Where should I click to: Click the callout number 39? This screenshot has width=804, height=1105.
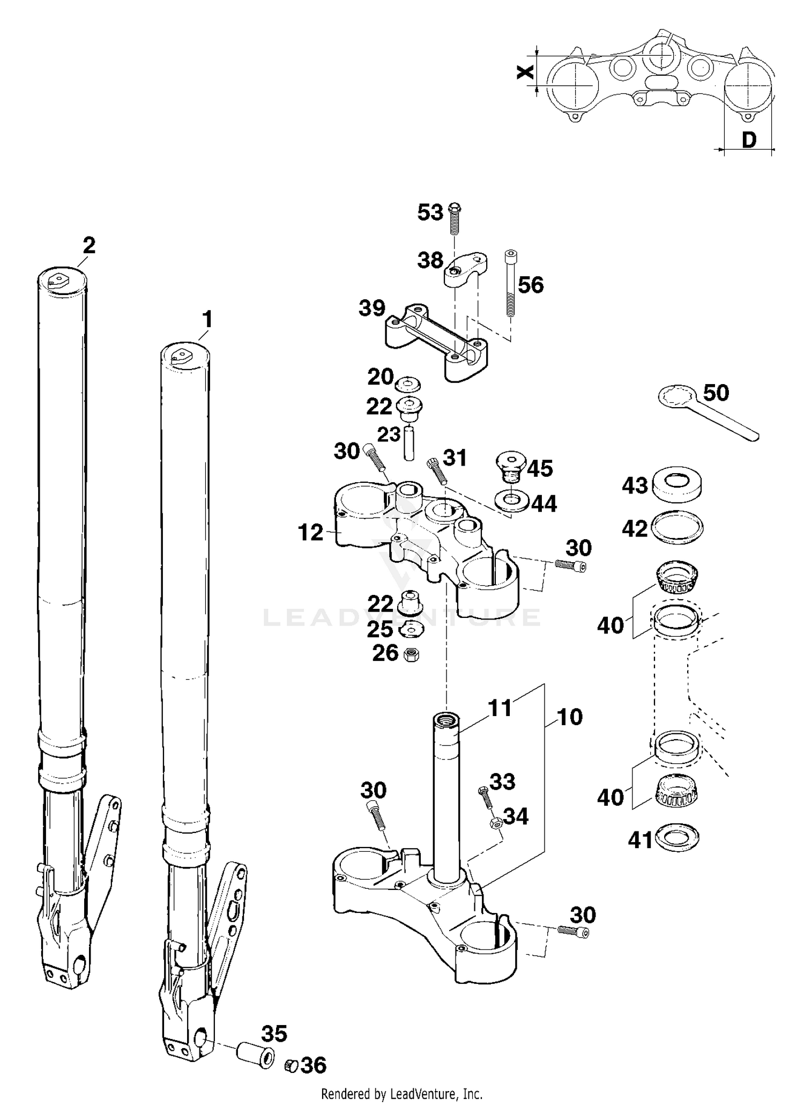coord(372,308)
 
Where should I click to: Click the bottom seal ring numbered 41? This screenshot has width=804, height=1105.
coord(677,838)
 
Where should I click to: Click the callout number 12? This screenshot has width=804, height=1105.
coord(311,533)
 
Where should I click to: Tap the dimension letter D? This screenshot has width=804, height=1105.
coord(749,141)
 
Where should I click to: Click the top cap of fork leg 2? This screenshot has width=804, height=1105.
coord(62,280)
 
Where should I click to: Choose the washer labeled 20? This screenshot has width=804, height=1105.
coord(407,385)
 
